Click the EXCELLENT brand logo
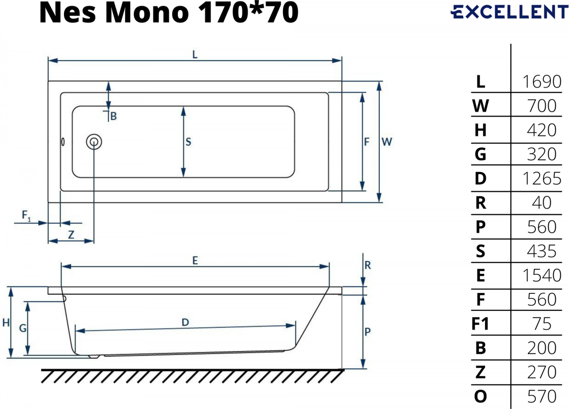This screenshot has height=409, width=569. (x=509, y=12)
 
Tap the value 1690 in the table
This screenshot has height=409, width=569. (x=542, y=82)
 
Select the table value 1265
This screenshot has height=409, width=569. (x=542, y=179)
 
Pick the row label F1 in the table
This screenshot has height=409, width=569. (x=480, y=324)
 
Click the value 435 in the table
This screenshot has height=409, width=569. (x=541, y=251)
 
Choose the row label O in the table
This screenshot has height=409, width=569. (x=480, y=396)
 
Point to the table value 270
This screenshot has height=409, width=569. (x=541, y=372)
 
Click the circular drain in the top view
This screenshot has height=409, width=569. (x=94, y=142)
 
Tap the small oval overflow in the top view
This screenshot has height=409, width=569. (x=63, y=142)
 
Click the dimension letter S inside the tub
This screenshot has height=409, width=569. (x=188, y=142)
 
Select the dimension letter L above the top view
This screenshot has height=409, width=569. (x=195, y=55)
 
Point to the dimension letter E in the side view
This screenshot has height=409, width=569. (x=195, y=261)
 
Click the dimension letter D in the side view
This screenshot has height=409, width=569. (x=185, y=322)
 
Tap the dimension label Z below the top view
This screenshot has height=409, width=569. (x=71, y=235)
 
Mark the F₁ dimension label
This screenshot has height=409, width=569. (x=27, y=216)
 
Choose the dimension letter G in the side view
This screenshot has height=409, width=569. (x=23, y=328)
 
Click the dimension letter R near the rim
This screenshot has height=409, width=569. (x=367, y=265)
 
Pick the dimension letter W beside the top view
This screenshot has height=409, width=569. (x=387, y=142)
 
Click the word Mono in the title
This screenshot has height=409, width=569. (x=147, y=13)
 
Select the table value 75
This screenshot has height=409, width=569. (x=542, y=324)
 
